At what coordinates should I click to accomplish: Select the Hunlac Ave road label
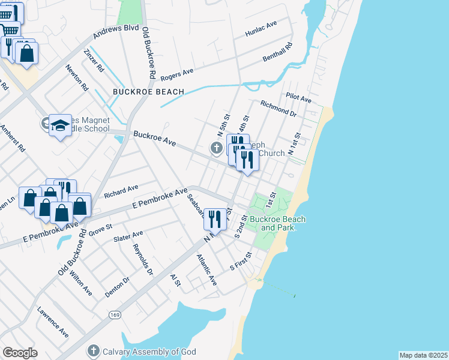click(261, 29)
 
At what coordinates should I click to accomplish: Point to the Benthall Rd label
click(277, 53)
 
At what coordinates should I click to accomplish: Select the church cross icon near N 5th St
click(217, 148)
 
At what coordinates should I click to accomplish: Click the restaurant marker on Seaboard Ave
click(215, 218)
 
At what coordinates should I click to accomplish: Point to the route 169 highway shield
click(113, 314)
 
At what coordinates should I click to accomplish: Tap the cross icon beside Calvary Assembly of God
click(93, 350)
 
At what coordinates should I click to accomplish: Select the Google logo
click(20, 352)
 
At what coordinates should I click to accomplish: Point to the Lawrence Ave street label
click(53, 322)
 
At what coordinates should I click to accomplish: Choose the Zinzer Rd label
click(94, 61)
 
